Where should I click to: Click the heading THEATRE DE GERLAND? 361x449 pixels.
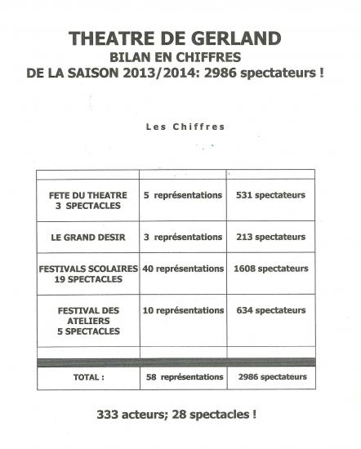(x=176, y=38)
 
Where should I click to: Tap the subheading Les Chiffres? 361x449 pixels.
(x=185, y=127)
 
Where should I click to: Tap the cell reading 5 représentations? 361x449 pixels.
(x=183, y=195)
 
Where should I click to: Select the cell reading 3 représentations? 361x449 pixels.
(x=183, y=237)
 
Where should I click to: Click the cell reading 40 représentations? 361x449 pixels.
(x=183, y=269)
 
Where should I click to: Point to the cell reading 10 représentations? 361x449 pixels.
(x=183, y=310)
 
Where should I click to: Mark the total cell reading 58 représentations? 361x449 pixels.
(x=183, y=377)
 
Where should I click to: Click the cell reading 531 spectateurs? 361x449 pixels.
(x=269, y=195)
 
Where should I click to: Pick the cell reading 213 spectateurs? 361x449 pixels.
(x=269, y=237)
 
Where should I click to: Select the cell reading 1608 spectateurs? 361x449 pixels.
(x=270, y=269)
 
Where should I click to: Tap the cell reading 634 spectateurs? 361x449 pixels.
(x=269, y=310)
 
